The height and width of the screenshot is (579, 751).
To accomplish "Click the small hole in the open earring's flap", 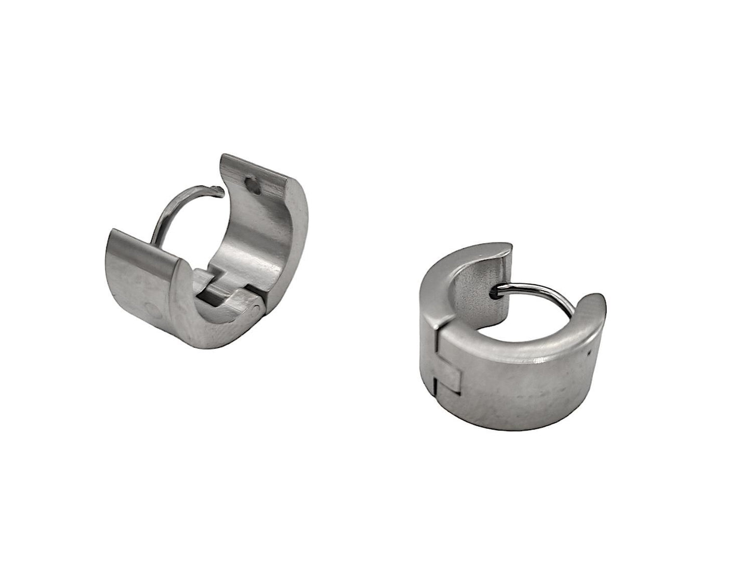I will click(253, 185).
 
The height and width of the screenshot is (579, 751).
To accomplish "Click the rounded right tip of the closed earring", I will click(598, 304).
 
